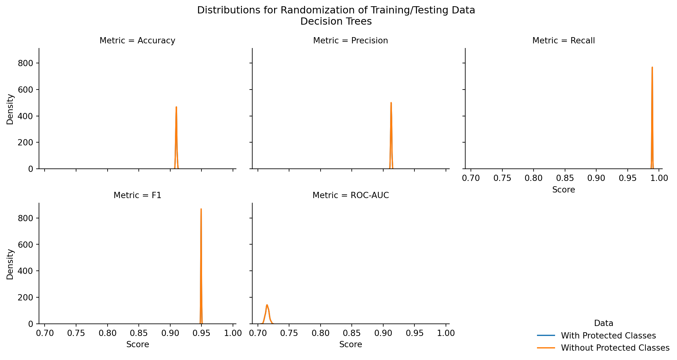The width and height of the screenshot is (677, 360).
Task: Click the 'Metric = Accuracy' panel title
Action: pyautogui.click(x=137, y=41)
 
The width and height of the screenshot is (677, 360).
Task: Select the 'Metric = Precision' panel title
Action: pyautogui.click(x=351, y=41)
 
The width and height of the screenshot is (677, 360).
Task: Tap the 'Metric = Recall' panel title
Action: pyautogui.click(x=563, y=41)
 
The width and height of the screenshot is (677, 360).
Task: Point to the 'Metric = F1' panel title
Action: pyautogui.click(x=137, y=196)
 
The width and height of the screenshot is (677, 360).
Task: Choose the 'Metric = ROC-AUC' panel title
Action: pyautogui.click(x=351, y=196)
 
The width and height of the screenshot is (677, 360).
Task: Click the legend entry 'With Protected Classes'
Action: pyautogui.click(x=608, y=336)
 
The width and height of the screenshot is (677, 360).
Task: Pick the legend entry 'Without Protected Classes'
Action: pyautogui.click(x=615, y=348)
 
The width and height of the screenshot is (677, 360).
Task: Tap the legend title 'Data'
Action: pyautogui.click(x=603, y=324)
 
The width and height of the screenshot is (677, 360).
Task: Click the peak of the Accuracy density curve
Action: pyautogui.click(x=176, y=107)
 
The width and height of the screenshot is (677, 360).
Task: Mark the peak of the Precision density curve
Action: pyautogui.click(x=391, y=103)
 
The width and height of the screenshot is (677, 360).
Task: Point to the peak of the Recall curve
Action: pyautogui.click(x=652, y=67)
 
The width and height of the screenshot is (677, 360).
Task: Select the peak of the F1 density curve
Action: pyautogui.click(x=201, y=209)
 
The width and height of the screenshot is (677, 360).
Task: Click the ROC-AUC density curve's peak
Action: pyautogui.click(x=267, y=305)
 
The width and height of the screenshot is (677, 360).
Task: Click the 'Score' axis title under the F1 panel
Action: pyautogui.click(x=138, y=345)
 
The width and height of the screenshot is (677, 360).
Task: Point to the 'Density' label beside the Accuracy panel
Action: pyautogui.click(x=10, y=109)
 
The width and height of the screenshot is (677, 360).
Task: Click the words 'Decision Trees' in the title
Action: pyautogui.click(x=336, y=22)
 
